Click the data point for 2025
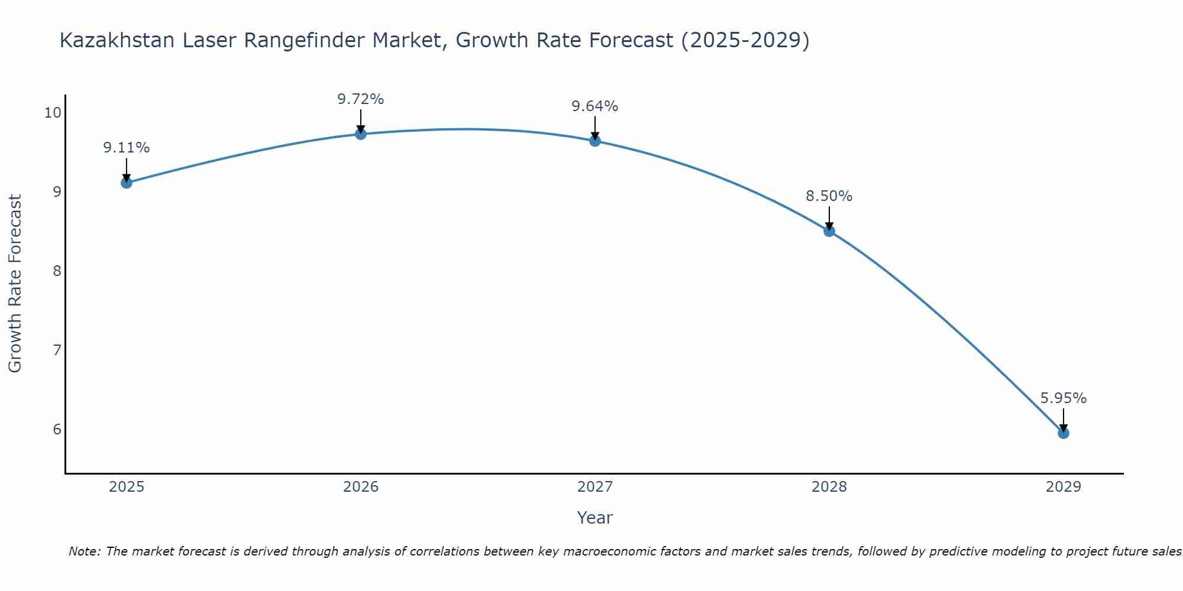pyautogui.click(x=127, y=183)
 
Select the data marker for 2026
pyautogui.click(x=361, y=134)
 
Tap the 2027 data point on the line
pyautogui.click(x=595, y=141)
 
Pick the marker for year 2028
pyautogui.click(x=829, y=231)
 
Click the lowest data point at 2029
pyautogui.click(x=1063, y=433)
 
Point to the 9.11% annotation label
pyautogui.click(x=127, y=148)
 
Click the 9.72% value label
pyautogui.click(x=361, y=99)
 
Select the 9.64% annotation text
pyautogui.click(x=595, y=106)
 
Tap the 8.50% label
pyautogui.click(x=829, y=196)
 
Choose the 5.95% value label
pyautogui.click(x=1063, y=398)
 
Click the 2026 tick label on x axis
pyautogui.click(x=361, y=487)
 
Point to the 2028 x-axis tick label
pyautogui.click(x=829, y=487)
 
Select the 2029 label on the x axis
pyautogui.click(x=1063, y=487)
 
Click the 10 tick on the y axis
pyautogui.click(x=53, y=112)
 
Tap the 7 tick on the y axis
pyautogui.click(x=57, y=350)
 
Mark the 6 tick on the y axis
pyautogui.click(x=57, y=430)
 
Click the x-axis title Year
pyautogui.click(x=594, y=518)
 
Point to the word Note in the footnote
pyautogui.click(x=84, y=551)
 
